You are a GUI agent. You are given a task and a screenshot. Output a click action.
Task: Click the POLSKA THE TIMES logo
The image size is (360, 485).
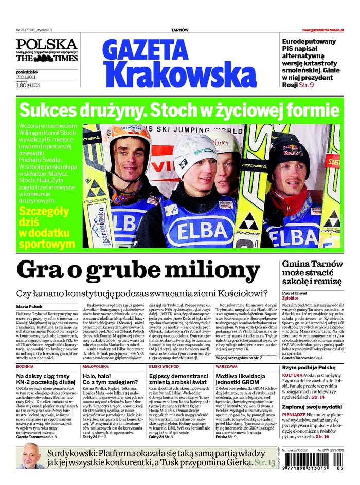[x=46, y=51]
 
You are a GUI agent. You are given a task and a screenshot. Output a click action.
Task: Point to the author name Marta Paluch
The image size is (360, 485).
[x=30, y=307]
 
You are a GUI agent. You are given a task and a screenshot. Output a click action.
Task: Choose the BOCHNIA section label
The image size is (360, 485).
[x=25, y=367]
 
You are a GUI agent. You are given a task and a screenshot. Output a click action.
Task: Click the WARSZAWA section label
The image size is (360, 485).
[x=227, y=367]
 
